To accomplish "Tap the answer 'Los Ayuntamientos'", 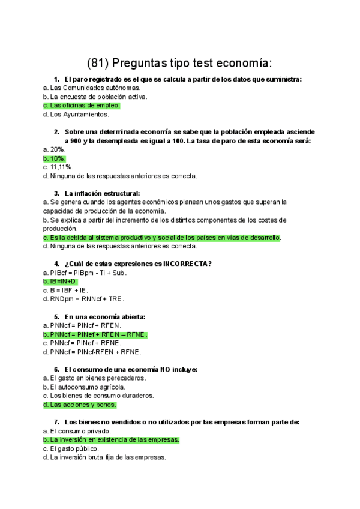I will tap(79, 114).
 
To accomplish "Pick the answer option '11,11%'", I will tap(61, 167).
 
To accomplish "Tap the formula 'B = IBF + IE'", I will tap(69, 290).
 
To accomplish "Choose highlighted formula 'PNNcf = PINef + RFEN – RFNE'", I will tap(99, 334).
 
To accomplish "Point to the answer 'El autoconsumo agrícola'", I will tap(88, 387).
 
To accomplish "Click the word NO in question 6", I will tap(159, 369).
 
